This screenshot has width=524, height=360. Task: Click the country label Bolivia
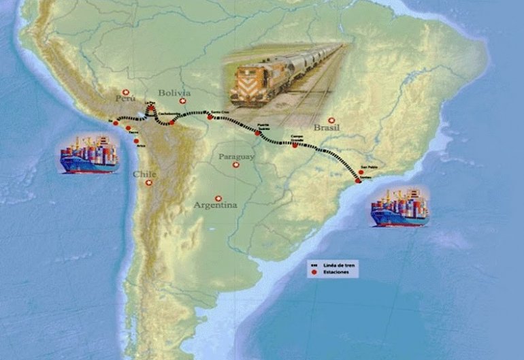click(x=174, y=93)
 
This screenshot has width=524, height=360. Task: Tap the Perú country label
click(x=125, y=99)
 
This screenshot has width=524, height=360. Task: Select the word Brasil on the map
click(x=326, y=127)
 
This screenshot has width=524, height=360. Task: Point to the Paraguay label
click(x=236, y=157)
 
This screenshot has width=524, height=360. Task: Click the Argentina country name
click(x=215, y=205)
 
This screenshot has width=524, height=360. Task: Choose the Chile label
click(x=144, y=174)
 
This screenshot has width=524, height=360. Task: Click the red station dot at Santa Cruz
click(x=210, y=117)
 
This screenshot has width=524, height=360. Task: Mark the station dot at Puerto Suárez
click(x=258, y=133)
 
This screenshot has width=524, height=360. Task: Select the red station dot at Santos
click(x=359, y=181)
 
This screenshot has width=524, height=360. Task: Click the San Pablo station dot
click(x=361, y=171)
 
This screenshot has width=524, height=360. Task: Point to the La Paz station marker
click(x=151, y=108)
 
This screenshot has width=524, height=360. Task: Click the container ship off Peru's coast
click(x=88, y=154)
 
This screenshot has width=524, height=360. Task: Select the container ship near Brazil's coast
click(x=400, y=207)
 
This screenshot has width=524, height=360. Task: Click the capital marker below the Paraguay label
click(x=236, y=165)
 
